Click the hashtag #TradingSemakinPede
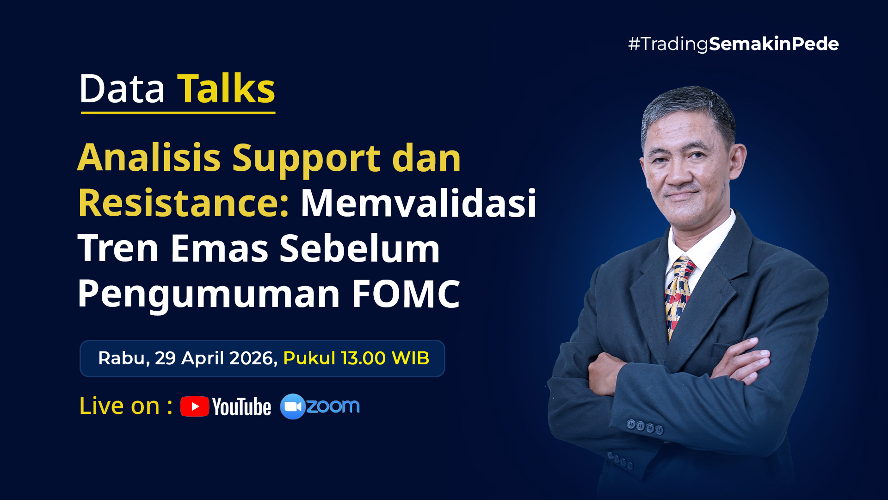coord(734,44)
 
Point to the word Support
coord(307,160)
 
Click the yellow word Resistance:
coord(184,203)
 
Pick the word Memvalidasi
coord(419,203)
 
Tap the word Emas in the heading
coord(220,248)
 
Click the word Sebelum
coord(360,248)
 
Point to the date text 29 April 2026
coord(216,358)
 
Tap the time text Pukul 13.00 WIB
coord(356,358)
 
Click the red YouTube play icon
coord(195,406)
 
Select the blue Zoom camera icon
coord(293,406)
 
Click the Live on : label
coord(126,406)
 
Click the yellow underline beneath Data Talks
coord(178,112)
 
